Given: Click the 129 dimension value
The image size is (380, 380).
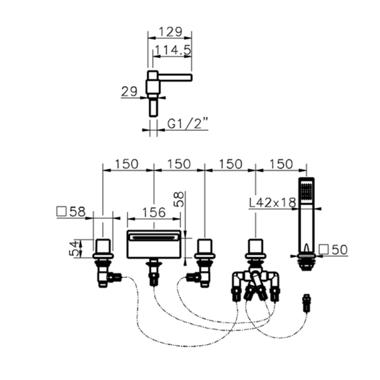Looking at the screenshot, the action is (170, 31).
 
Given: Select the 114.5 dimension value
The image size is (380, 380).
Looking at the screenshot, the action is (173, 50).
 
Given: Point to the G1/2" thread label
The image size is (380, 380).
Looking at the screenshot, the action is (188, 124).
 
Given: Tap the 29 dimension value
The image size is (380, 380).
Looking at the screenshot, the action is (129, 92).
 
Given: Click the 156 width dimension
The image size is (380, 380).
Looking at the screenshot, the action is (154, 213).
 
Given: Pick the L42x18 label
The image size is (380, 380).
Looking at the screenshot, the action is (273, 202).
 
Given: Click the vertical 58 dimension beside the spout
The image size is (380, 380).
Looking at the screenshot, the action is (179, 199).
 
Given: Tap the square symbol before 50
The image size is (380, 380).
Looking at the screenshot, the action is (324, 250).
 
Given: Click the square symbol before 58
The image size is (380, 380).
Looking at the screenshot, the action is (61, 211).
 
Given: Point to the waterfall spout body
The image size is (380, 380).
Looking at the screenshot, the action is (154, 244).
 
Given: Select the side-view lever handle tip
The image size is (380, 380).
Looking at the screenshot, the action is (191, 78).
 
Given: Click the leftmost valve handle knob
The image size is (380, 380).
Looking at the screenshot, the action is (103, 246).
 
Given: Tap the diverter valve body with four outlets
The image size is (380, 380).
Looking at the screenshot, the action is (256, 283).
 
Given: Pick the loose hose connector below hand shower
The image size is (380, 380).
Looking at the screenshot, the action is (307, 303).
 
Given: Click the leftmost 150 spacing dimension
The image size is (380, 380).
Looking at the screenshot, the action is (126, 164).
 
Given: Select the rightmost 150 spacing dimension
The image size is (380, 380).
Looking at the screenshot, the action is (281, 164).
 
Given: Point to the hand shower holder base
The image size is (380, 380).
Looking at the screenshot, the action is (307, 262).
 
